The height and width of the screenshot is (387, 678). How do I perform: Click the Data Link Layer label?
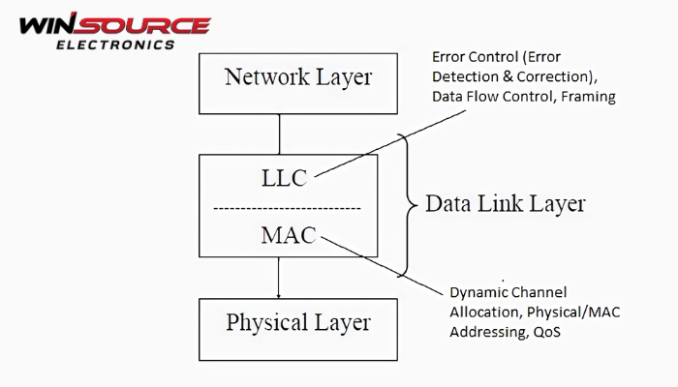pyautogui.click(x=508, y=205)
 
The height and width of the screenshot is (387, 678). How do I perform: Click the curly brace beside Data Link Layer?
pyautogui.click(x=405, y=205)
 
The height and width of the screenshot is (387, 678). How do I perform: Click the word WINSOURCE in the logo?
pyautogui.click(x=114, y=24)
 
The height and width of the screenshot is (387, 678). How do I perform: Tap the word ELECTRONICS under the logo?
pyautogui.click(x=115, y=44)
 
